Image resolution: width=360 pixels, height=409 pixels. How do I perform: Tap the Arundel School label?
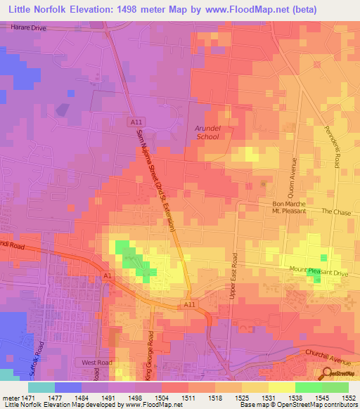pyautogui.click(x=207, y=132)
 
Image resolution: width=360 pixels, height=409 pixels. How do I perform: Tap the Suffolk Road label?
pyautogui.click(x=41, y=356)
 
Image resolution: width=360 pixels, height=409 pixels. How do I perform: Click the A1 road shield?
pyautogui.click(x=108, y=275)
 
